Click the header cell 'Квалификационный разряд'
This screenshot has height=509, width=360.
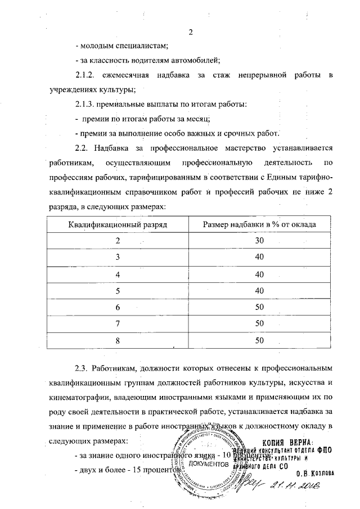118,224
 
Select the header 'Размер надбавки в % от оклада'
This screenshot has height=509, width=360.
259,224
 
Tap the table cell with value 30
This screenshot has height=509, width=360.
259,241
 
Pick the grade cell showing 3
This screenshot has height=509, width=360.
118,257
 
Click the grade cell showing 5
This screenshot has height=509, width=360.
118,291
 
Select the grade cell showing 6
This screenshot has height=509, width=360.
118,308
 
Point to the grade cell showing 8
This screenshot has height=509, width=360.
118,340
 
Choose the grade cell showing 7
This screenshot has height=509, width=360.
118,324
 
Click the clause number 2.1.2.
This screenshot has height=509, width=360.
88,75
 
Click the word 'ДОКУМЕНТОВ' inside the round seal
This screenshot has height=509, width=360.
209,464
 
